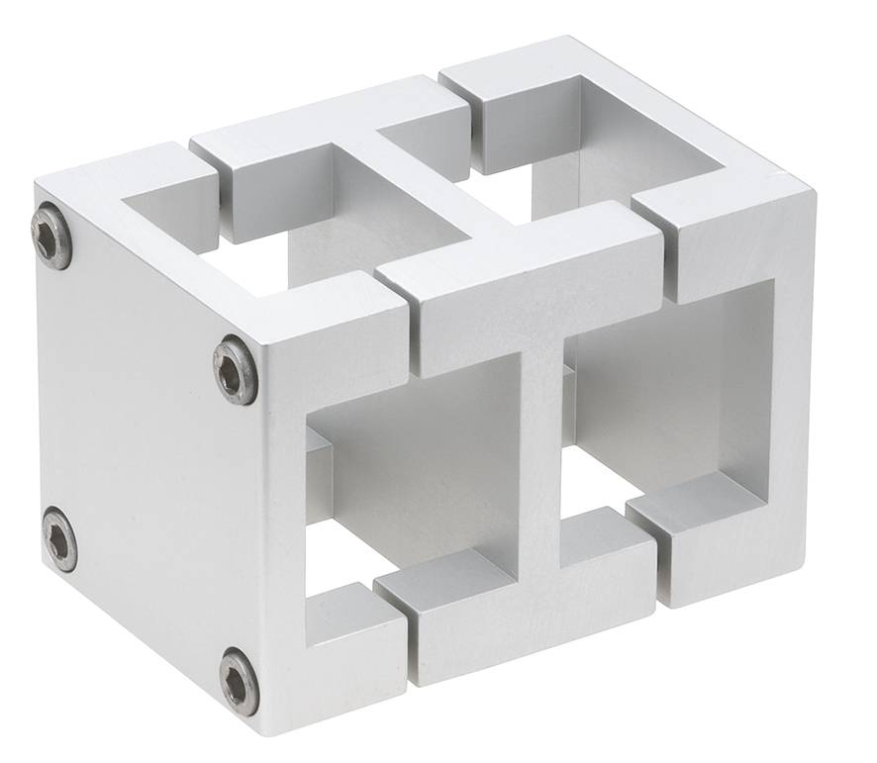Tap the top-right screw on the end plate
pyautogui.click(x=236, y=369)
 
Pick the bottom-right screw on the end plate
pyautogui.click(x=240, y=681)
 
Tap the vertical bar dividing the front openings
pyautogui.click(x=539, y=455)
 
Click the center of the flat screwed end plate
pyautogui.click(x=148, y=455)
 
